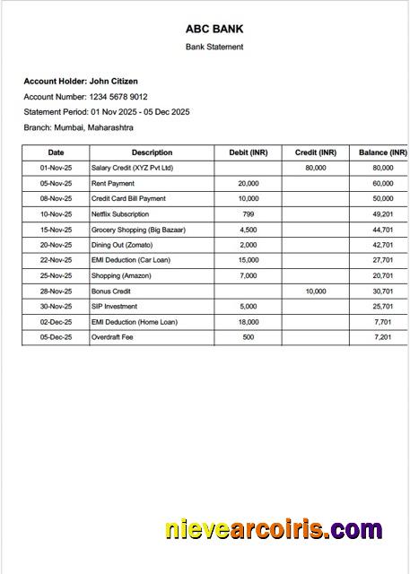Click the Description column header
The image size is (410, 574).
click(152, 152)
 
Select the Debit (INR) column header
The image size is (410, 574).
click(249, 152)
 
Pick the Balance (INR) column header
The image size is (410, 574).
click(382, 152)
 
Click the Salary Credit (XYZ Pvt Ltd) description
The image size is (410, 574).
click(132, 168)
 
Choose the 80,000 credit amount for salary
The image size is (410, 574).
click(315, 168)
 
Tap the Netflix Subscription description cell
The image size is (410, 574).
click(120, 214)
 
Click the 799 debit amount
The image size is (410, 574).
click(249, 214)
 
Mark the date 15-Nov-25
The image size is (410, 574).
click(56, 230)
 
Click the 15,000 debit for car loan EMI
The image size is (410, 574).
click(249, 260)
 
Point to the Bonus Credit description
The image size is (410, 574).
click(111, 291)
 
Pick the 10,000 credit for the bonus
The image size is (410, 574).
click(315, 291)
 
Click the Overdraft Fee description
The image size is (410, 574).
click(112, 337)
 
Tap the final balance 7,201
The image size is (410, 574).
click(383, 337)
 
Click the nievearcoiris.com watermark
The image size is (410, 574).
click(274, 529)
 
